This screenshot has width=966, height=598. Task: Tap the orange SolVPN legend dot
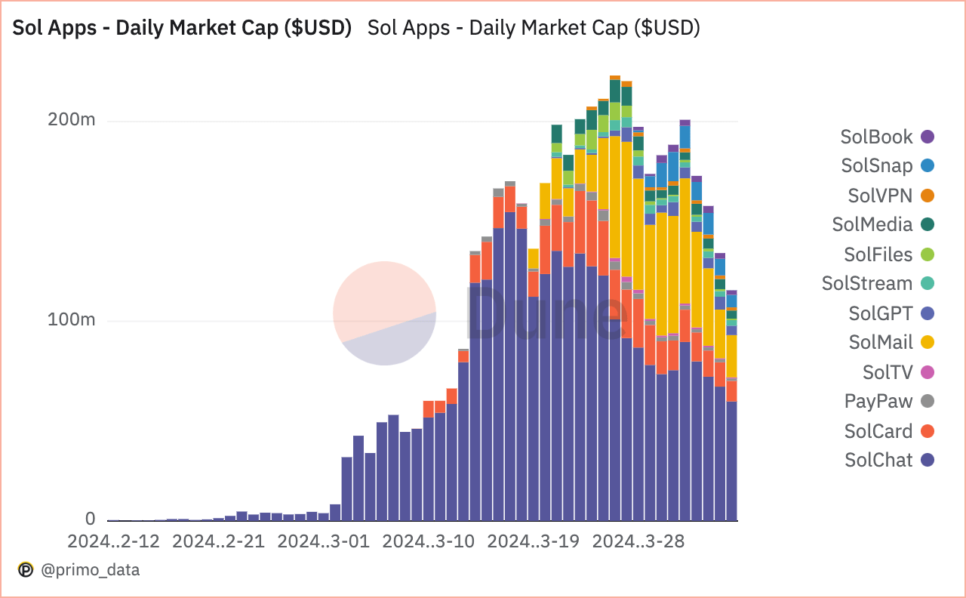(x=928, y=196)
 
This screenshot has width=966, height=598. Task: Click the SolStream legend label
(x=867, y=284)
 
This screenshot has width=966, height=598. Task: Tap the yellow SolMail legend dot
(x=928, y=342)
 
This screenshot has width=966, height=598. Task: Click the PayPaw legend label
(x=878, y=402)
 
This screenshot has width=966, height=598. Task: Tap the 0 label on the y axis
(x=91, y=519)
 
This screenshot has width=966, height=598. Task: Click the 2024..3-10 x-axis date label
(x=428, y=541)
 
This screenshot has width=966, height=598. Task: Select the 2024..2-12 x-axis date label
(x=114, y=541)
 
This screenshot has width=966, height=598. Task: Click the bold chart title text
(x=182, y=28)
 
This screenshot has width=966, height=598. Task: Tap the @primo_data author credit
(x=89, y=570)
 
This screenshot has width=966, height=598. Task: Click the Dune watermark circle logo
(x=384, y=313)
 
